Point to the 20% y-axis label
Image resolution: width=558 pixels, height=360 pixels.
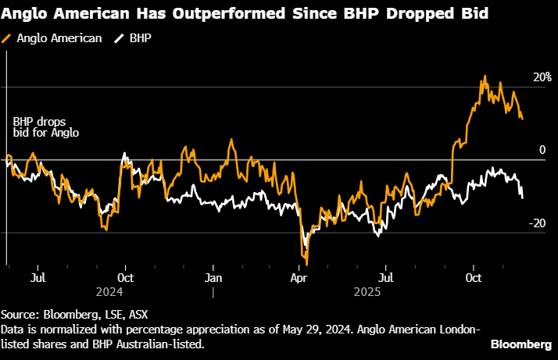point(542,78)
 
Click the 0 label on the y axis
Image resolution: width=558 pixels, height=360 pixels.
point(541,150)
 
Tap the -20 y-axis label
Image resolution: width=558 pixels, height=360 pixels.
point(538,223)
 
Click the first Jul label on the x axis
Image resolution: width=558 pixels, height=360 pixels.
point(38,277)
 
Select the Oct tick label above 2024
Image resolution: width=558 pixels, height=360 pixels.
point(125,277)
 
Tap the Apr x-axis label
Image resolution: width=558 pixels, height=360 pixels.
point(299,277)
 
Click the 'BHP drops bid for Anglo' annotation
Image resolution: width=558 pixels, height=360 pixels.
point(45,128)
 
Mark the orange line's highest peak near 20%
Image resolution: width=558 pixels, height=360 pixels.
point(485,77)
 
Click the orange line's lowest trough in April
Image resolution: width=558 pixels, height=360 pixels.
point(307,264)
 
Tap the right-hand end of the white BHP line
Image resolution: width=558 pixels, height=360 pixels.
point(523,197)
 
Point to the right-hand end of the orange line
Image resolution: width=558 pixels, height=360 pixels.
point(523,119)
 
